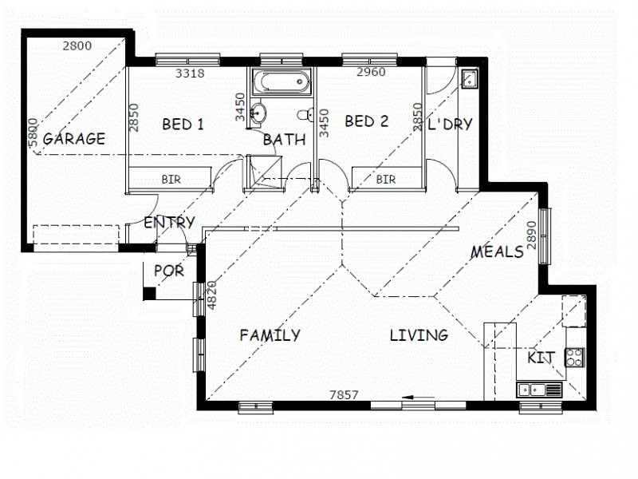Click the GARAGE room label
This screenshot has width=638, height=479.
pyautogui.click(x=74, y=138)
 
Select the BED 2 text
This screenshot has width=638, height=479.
pyautogui.click(x=366, y=121)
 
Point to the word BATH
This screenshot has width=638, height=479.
pyautogui.click(x=285, y=140)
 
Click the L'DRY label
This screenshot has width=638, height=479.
pyautogui.click(x=451, y=124)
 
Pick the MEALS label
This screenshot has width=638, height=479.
pyautogui.click(x=497, y=252)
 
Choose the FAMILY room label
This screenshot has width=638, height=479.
pyautogui.click(x=270, y=335)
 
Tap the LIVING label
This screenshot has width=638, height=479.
pyautogui.click(x=418, y=335)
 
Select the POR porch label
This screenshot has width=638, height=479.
pyautogui.click(x=168, y=271)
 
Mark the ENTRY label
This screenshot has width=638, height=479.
pyautogui.click(x=169, y=223)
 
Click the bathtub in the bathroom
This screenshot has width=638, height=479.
pyautogui.click(x=279, y=81)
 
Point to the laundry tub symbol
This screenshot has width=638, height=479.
pyautogui.click(x=469, y=78)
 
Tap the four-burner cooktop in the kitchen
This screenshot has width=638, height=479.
pyautogui.click(x=574, y=357)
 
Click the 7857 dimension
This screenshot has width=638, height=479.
pyautogui.click(x=346, y=394)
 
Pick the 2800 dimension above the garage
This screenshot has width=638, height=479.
pyautogui.click(x=77, y=45)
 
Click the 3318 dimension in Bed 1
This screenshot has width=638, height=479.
pyautogui.click(x=190, y=73)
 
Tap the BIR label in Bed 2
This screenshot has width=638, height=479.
pyautogui.click(x=386, y=179)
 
